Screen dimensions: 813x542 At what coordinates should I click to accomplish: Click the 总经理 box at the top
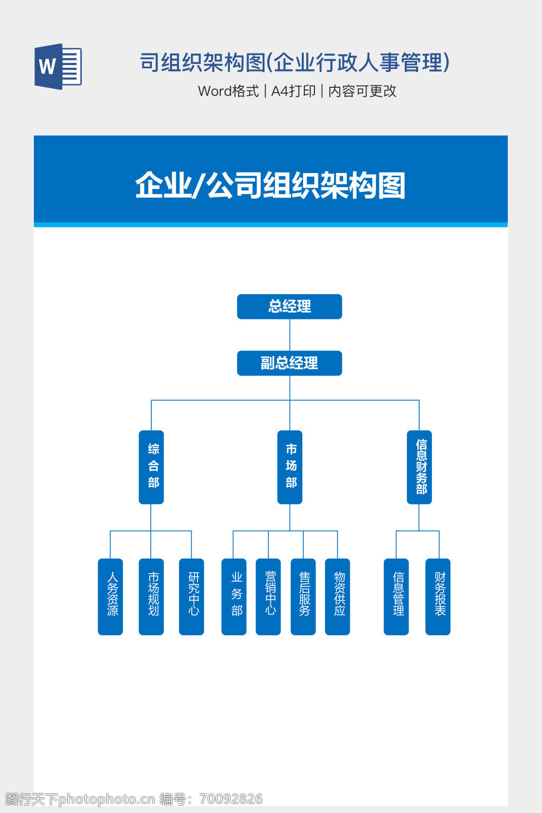290,306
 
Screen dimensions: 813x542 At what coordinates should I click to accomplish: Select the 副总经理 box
290,363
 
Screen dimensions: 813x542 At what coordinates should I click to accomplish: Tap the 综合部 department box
151,467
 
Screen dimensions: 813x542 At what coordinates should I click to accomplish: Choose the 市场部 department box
290,467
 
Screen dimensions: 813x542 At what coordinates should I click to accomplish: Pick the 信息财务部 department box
419,467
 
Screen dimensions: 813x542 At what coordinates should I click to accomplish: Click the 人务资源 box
111,597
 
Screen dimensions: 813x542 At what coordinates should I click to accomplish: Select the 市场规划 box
151,597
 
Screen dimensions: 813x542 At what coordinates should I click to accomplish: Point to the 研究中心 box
192,597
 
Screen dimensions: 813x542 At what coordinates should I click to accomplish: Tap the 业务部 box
234,597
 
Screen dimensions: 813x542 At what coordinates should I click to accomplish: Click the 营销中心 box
268,597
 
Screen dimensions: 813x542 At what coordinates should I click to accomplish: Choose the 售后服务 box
303,597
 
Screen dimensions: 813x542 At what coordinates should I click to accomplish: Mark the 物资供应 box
338,597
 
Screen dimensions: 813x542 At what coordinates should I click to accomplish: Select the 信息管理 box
396,597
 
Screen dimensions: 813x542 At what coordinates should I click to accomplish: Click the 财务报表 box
438,597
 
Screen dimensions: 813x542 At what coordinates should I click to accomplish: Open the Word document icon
58,67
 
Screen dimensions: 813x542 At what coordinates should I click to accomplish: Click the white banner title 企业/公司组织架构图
270,185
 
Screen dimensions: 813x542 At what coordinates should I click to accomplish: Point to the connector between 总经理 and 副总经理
290,335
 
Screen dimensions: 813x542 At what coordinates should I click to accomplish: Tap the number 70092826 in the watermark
231,799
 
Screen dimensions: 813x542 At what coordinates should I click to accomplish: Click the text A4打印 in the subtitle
293,91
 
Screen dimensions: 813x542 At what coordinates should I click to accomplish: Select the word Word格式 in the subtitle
228,91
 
